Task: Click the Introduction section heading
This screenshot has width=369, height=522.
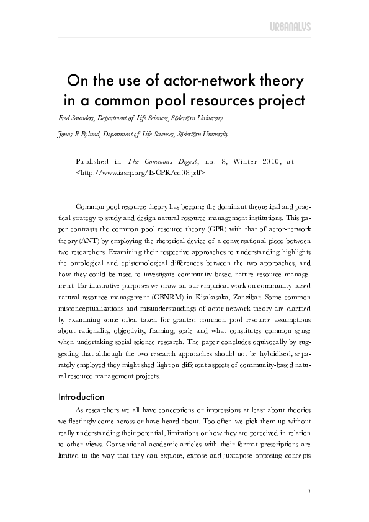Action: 81,396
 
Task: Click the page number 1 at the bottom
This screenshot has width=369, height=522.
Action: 308,493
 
